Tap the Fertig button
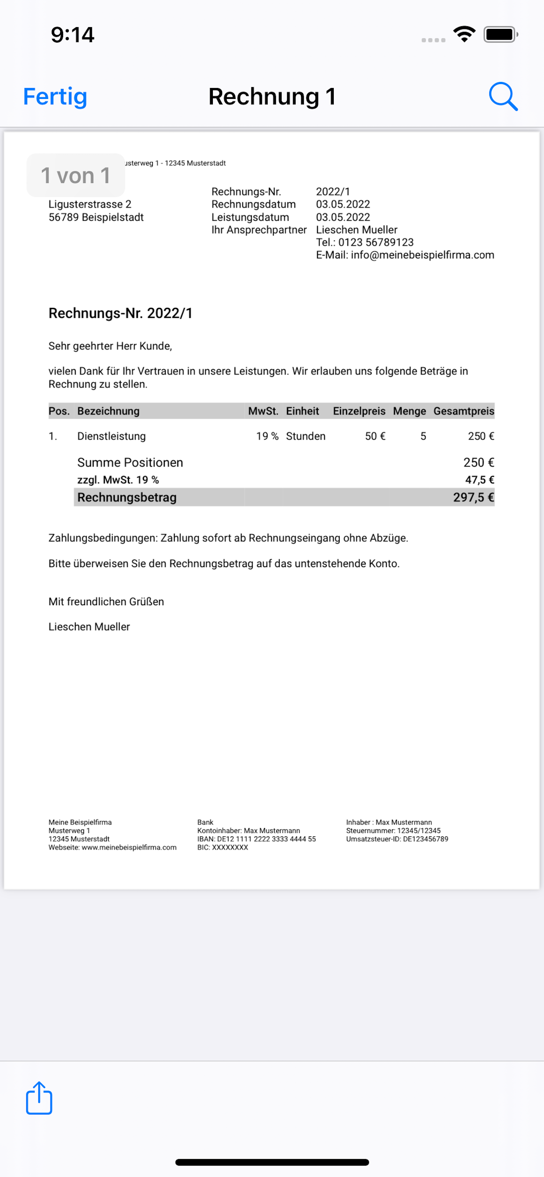click(55, 97)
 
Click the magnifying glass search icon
click(503, 96)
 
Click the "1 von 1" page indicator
click(75, 176)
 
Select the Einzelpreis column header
click(359, 411)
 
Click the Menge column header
click(409, 411)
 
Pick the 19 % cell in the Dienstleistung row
click(267, 437)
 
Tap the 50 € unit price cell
click(375, 437)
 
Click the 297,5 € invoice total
click(473, 497)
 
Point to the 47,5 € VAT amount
click(479, 480)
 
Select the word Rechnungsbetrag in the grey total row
click(127, 497)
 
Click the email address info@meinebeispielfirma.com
click(422, 255)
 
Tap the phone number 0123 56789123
click(376, 243)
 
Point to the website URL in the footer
click(129, 847)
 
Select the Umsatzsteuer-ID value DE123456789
click(425, 839)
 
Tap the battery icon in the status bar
click(500, 35)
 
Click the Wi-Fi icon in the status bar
click(464, 34)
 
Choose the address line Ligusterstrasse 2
click(90, 204)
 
